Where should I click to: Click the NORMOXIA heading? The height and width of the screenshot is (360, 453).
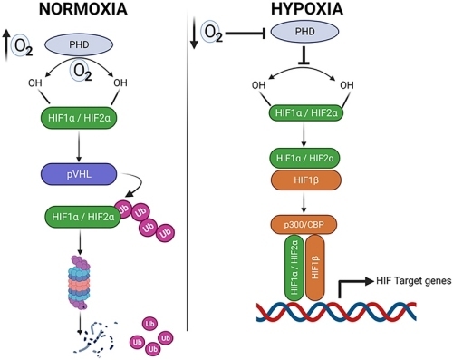pos(83,9)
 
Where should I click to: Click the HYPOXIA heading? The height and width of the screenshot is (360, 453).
pos(307,9)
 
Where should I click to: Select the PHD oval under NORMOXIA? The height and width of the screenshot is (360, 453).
pos(79,44)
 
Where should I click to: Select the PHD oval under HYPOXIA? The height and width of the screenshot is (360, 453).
pos(304,32)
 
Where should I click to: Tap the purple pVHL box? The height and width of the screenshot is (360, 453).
pos(79,174)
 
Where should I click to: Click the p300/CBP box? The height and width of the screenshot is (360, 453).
pos(304,225)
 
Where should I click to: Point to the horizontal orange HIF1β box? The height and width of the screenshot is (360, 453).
pos(306,180)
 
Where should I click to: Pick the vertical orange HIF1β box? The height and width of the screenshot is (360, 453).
pos(315,268)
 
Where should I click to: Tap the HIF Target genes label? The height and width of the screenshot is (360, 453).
pos(414,281)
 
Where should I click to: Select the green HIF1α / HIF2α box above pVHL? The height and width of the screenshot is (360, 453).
pos(79,118)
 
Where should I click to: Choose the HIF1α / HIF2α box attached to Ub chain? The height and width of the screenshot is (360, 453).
pos(83,217)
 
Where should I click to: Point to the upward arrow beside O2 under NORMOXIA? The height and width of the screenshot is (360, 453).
pos(6,45)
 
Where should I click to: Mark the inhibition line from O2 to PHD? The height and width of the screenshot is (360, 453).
pos(246,33)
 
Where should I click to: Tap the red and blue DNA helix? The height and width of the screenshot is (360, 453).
pos(336,311)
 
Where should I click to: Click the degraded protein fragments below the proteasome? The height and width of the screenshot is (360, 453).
pos(95,337)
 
